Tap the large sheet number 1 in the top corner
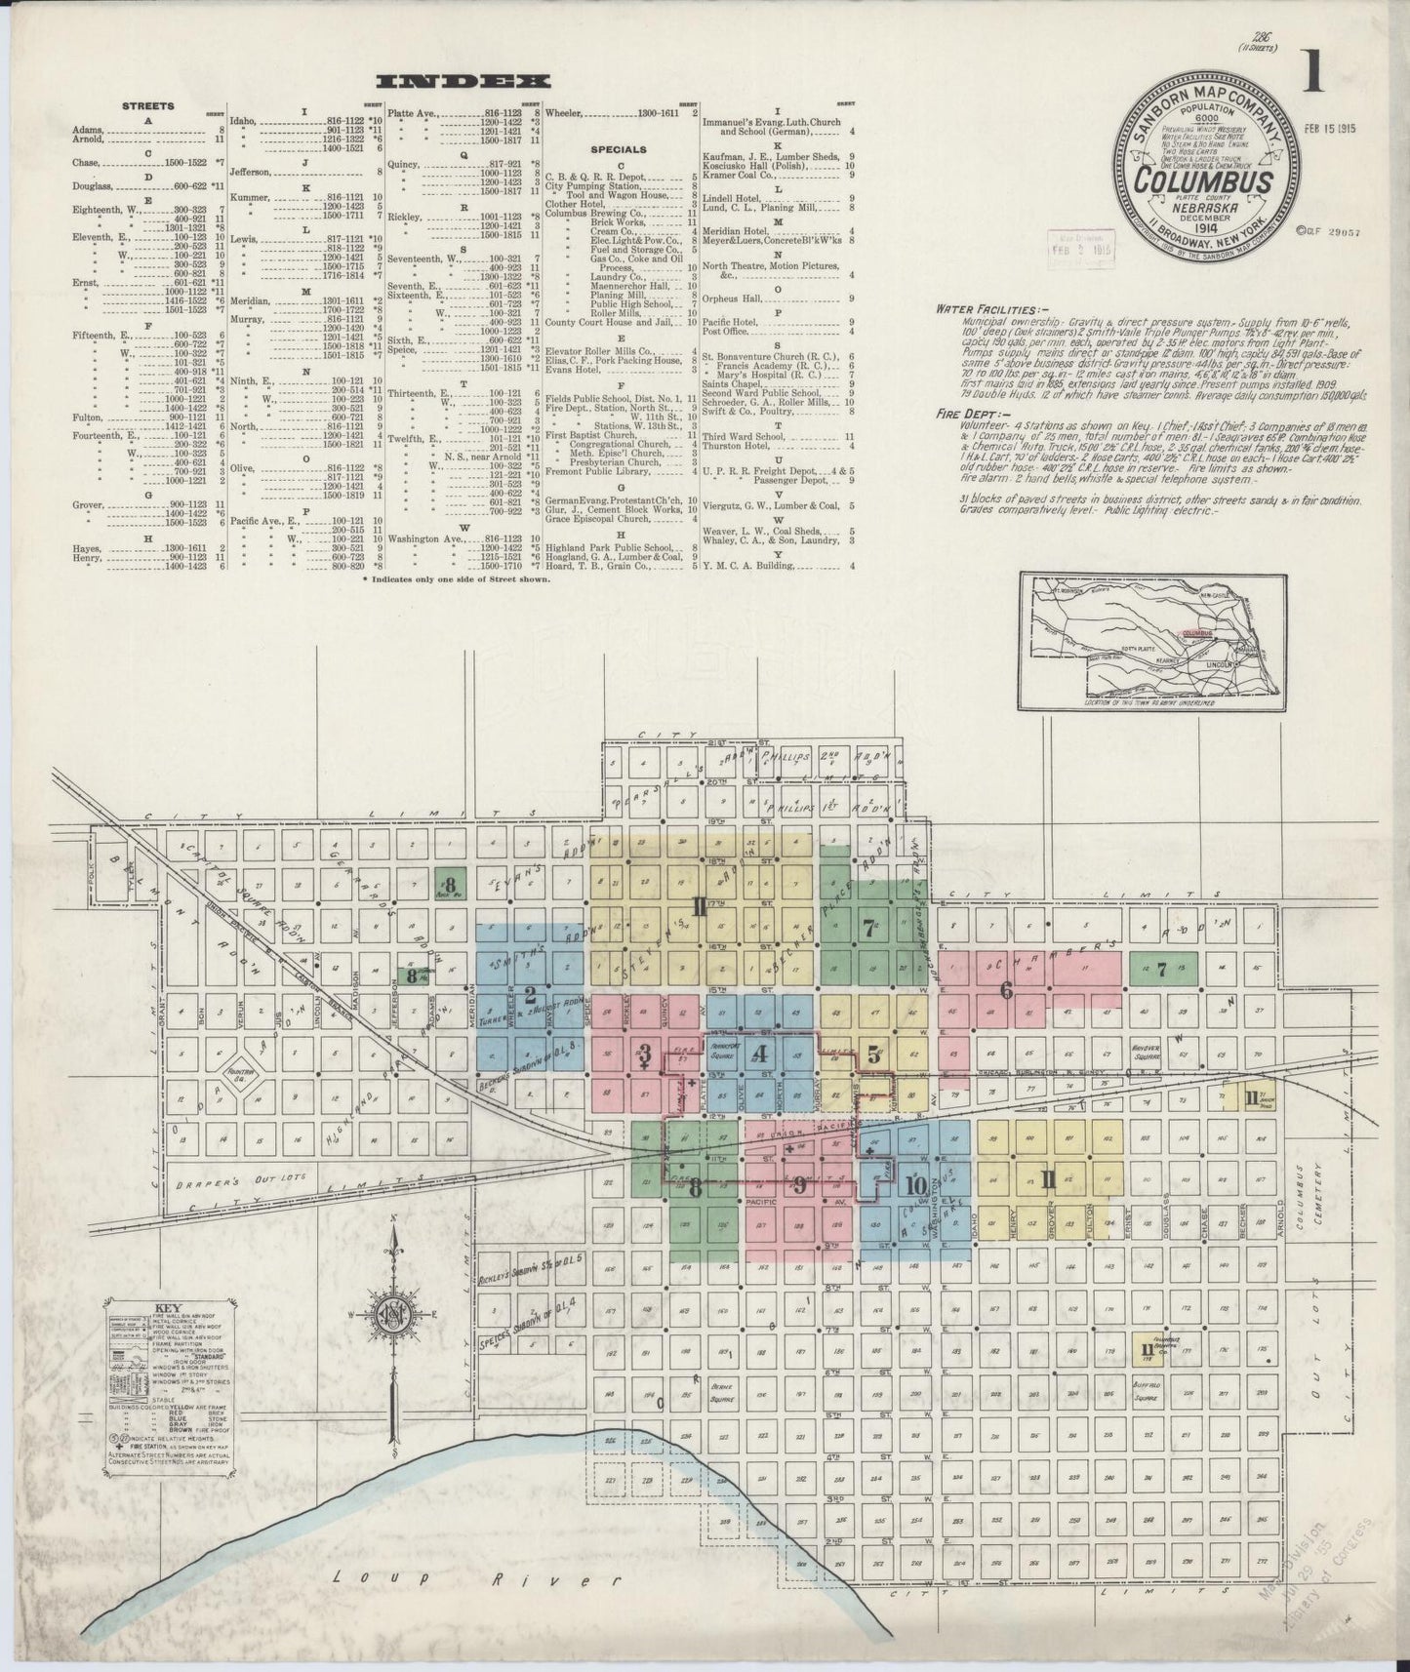(x=1311, y=76)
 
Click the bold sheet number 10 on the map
(x=914, y=1185)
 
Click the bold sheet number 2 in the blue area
(x=530, y=996)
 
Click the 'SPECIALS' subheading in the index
(x=618, y=150)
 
